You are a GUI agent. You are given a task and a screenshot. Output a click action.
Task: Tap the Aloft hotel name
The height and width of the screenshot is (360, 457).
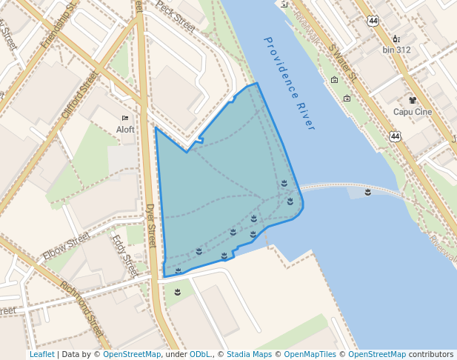pyautogui.click(x=125, y=129)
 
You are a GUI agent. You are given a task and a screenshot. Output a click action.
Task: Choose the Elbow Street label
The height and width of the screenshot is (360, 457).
pyautogui.click(x=66, y=246)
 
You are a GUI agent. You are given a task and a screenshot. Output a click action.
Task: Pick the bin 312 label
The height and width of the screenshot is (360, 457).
pyautogui.click(x=396, y=50)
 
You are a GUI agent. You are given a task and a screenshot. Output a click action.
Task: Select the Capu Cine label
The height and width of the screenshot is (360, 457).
pyautogui.click(x=413, y=112)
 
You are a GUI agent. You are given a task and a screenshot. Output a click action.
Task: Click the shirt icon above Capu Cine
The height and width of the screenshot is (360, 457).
pyautogui.click(x=413, y=100)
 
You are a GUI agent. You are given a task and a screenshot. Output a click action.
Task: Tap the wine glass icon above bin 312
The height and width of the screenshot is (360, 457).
pyautogui.click(x=396, y=39)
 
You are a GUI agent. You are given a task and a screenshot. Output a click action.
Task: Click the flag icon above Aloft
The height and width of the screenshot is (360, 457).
pyautogui.click(x=125, y=118)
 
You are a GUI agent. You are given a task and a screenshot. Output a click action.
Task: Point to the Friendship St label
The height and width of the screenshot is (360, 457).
pyautogui.click(x=60, y=26)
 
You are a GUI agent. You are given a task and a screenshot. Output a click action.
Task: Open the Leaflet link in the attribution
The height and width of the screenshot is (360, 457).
pyautogui.click(x=41, y=354)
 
